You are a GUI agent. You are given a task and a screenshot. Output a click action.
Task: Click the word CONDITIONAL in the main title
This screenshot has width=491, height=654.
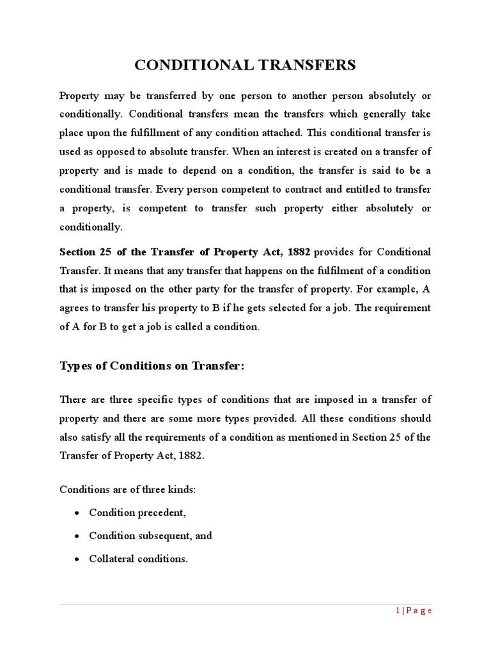(190, 65)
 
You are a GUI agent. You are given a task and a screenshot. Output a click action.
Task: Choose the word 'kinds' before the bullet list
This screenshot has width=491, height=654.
(182, 490)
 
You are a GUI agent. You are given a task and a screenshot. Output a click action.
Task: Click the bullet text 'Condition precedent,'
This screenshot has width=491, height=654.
(137, 513)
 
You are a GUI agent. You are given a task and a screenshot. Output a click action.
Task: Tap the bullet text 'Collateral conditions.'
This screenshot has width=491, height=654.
(138, 559)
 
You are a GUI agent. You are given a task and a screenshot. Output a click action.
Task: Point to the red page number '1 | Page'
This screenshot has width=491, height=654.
(414, 611)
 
